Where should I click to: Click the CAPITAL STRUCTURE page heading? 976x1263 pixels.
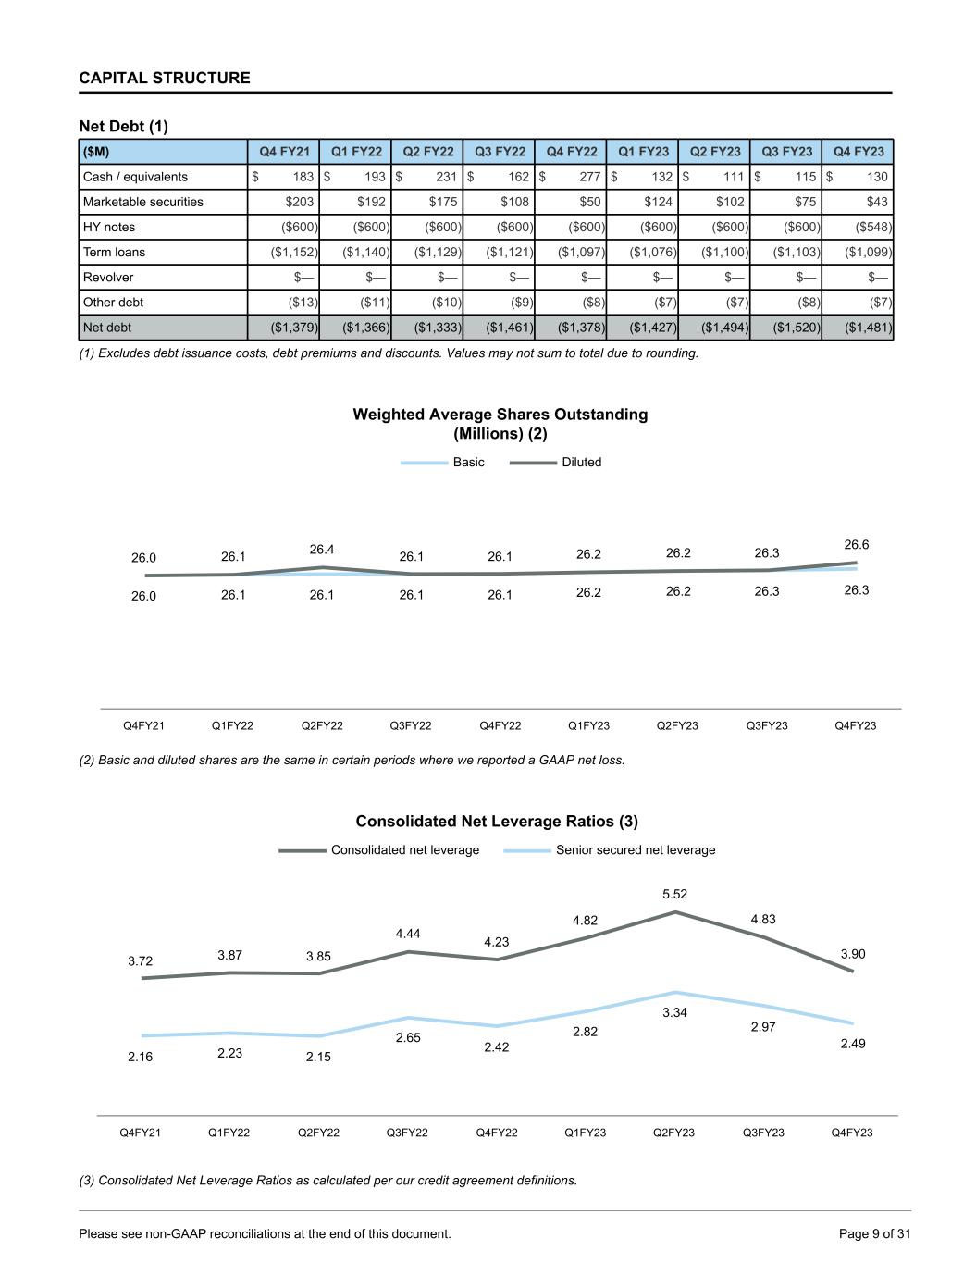point(165,78)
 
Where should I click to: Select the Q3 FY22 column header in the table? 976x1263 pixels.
point(500,152)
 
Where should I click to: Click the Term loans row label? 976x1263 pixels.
point(114,252)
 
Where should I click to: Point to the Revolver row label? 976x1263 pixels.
point(108,277)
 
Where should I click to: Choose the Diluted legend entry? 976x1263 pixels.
point(581,462)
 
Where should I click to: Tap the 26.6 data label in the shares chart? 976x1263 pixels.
point(857,545)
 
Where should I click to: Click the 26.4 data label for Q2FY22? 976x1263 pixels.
point(322,550)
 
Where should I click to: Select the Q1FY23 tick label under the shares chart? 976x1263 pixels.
point(588,725)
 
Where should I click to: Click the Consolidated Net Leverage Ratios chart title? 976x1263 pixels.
point(497,822)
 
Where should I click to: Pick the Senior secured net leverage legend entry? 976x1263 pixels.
point(635,849)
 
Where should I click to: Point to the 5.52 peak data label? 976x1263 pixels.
point(674,894)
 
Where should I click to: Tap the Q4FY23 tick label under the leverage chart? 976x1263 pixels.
point(852,1133)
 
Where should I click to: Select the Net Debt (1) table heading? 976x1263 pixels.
point(124,126)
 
